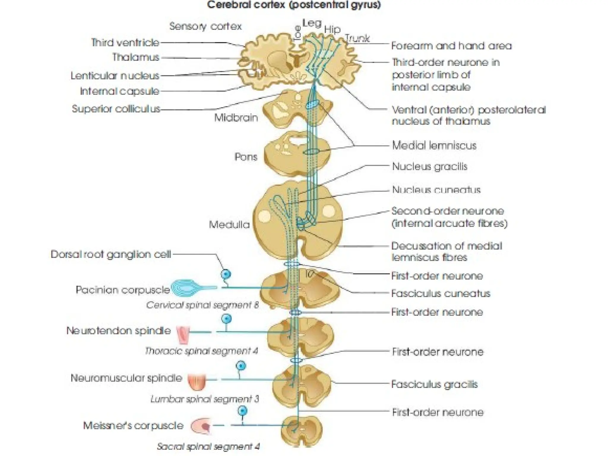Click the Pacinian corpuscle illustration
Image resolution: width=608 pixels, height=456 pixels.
(x=186, y=288)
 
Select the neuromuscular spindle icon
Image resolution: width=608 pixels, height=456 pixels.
(x=197, y=382)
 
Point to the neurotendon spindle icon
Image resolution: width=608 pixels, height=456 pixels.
(x=183, y=334)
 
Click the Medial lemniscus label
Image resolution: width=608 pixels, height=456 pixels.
(x=434, y=145)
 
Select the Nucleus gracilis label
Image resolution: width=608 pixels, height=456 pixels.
(x=429, y=167)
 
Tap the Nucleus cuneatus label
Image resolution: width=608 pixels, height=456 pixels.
(x=436, y=190)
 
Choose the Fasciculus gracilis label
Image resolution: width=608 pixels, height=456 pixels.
(x=434, y=384)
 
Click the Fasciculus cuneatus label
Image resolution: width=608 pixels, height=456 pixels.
(x=440, y=294)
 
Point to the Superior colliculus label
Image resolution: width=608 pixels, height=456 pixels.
(x=116, y=109)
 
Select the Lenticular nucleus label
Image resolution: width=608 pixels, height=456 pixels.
(x=115, y=76)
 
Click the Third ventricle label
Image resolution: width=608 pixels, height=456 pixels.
(x=125, y=42)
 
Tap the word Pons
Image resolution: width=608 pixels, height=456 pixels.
(x=246, y=157)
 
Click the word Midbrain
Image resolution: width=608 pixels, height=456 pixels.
(x=236, y=118)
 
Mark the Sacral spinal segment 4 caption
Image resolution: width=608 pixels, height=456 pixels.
(x=208, y=446)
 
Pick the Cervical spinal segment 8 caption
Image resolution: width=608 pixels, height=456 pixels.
(x=202, y=305)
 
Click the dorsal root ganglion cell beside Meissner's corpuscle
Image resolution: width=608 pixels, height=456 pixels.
(x=243, y=411)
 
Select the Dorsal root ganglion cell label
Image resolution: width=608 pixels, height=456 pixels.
(x=111, y=254)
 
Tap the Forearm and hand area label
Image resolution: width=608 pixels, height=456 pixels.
(x=451, y=46)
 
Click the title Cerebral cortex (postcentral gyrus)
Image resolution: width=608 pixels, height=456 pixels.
(x=294, y=5)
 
